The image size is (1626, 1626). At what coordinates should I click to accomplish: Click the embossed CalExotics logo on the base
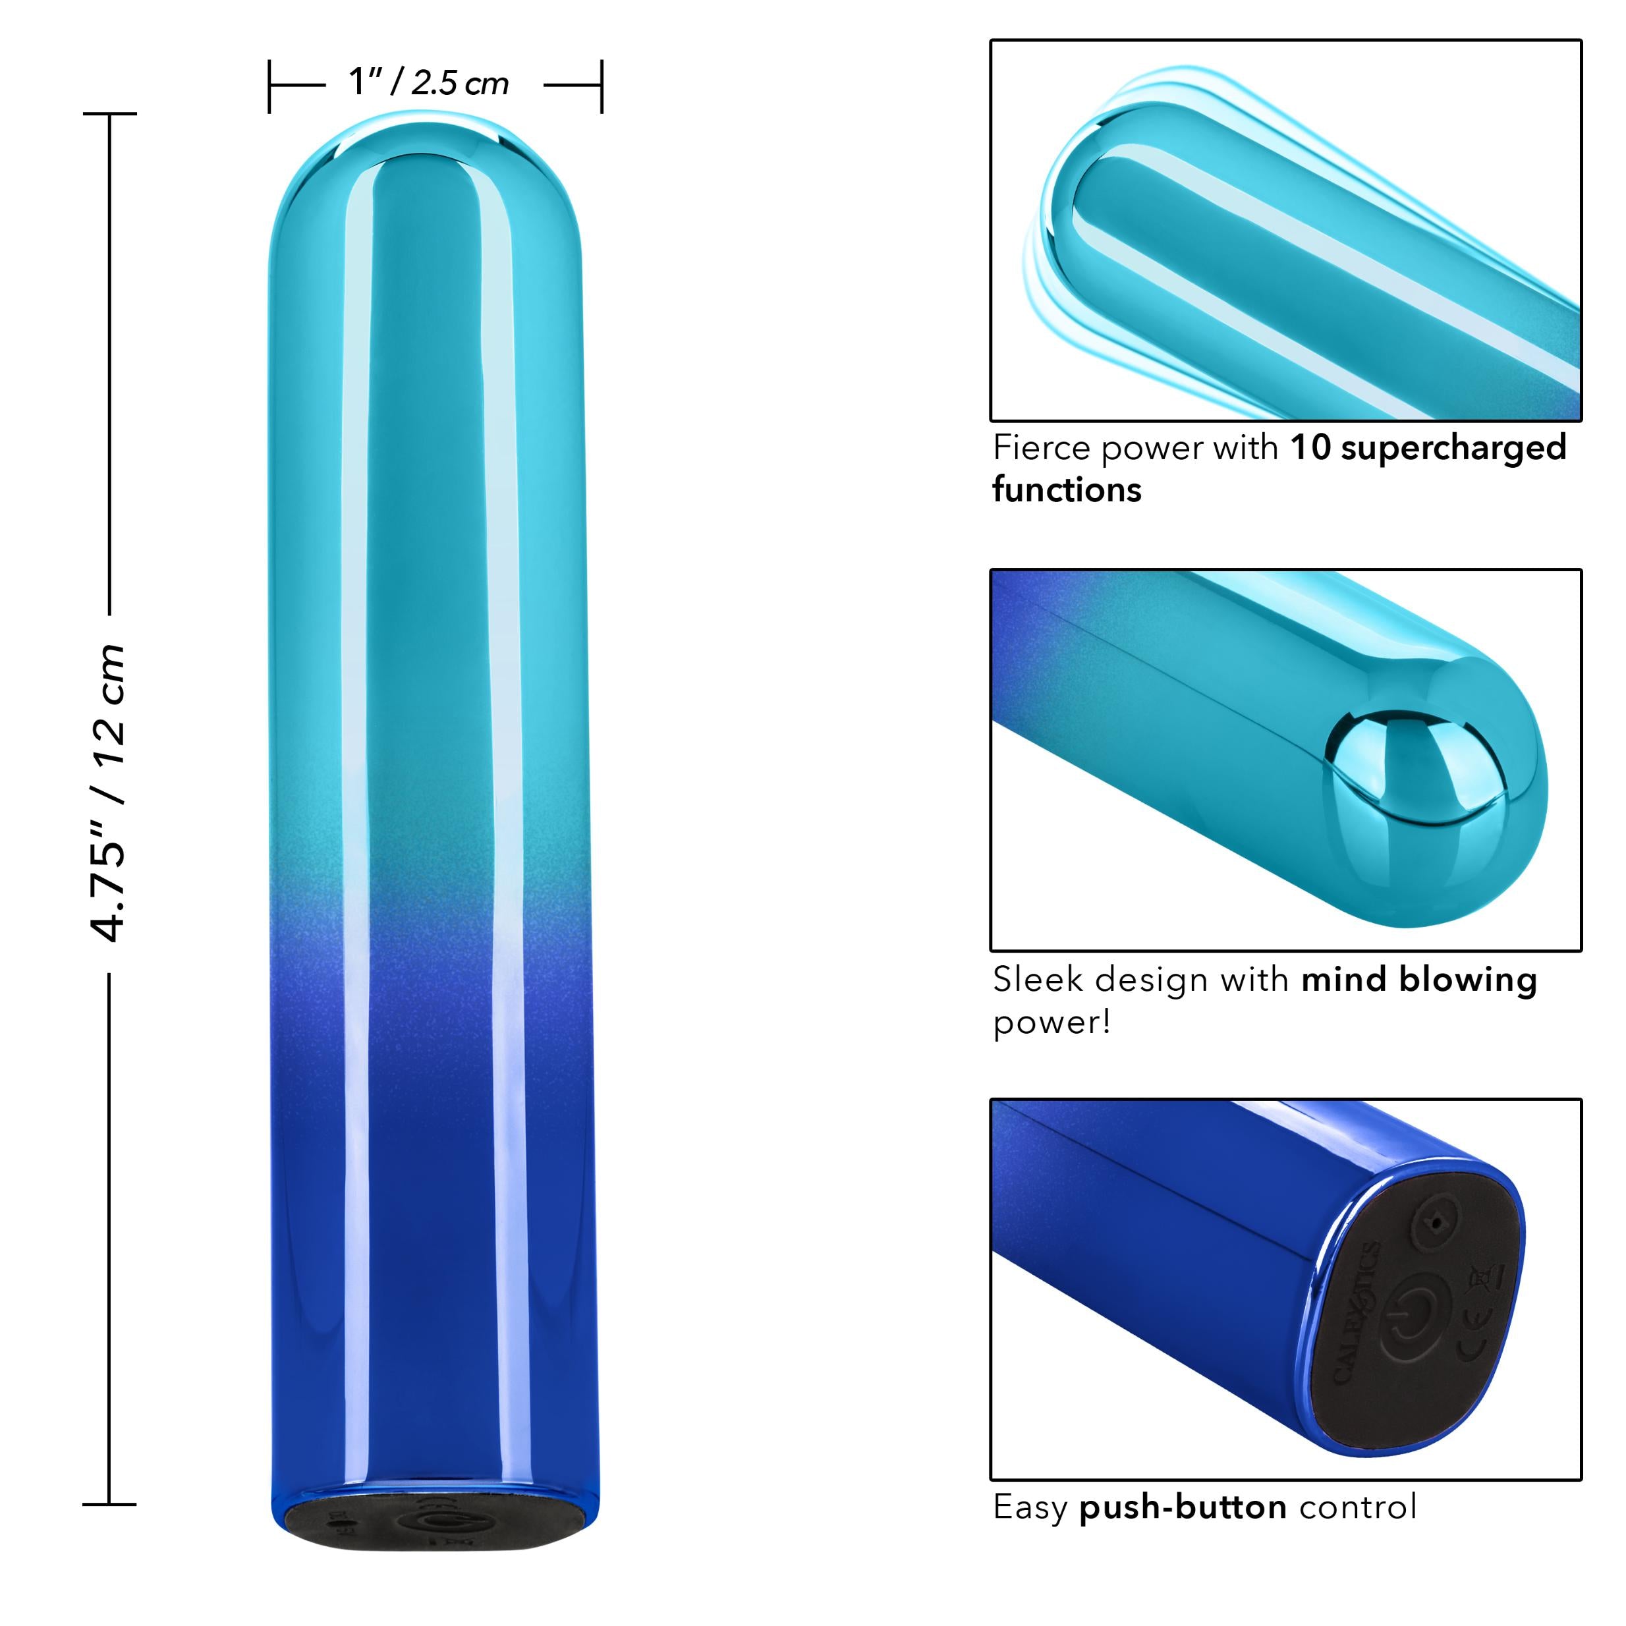click(1356, 1314)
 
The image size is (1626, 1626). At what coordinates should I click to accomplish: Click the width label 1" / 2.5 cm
click(429, 83)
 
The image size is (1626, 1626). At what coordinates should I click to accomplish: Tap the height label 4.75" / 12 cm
click(109, 792)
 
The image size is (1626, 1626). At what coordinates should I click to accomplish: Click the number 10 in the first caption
click(1310, 448)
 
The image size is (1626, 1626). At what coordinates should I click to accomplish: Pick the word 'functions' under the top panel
click(1067, 490)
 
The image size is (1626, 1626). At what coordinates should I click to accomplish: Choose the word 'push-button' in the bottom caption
click(1183, 1507)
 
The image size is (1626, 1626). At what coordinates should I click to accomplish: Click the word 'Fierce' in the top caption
click(1042, 448)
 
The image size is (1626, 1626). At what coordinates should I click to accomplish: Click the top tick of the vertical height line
click(109, 113)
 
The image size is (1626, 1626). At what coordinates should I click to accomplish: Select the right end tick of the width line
click(602, 86)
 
